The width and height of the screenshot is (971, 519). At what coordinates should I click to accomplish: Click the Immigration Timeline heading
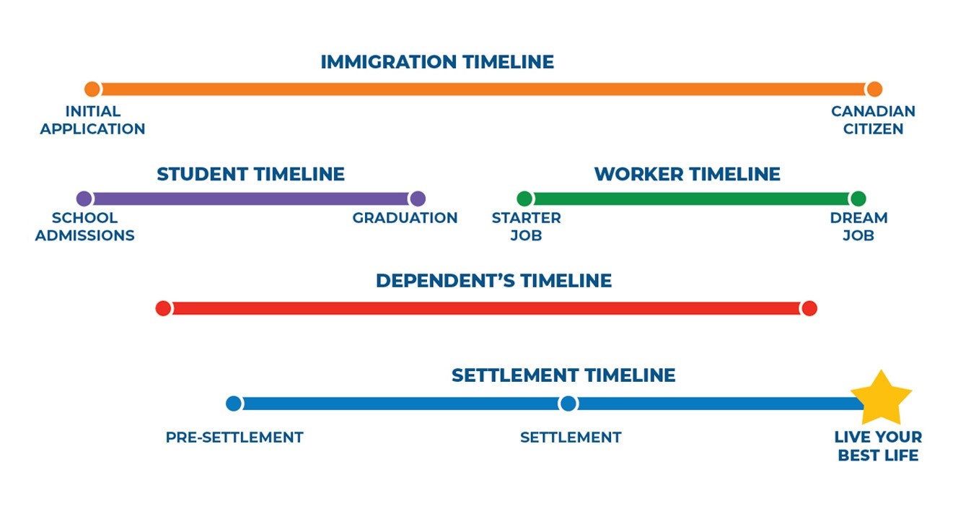pyautogui.click(x=437, y=62)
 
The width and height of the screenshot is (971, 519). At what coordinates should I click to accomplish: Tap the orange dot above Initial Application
pyautogui.click(x=92, y=90)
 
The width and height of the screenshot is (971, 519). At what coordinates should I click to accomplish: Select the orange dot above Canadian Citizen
pyautogui.click(x=874, y=90)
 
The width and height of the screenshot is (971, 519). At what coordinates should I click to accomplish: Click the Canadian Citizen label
pyautogui.click(x=873, y=121)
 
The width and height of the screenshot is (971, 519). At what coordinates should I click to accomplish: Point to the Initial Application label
pyautogui.click(x=92, y=121)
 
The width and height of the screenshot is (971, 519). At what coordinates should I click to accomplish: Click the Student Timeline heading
pyautogui.click(x=250, y=175)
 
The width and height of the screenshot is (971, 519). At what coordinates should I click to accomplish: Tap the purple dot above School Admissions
pyautogui.click(x=84, y=199)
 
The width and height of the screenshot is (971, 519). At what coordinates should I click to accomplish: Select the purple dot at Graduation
pyautogui.click(x=417, y=199)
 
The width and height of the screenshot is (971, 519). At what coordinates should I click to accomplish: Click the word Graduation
pyautogui.click(x=405, y=218)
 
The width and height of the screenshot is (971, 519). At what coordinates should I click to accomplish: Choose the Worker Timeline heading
pyautogui.click(x=687, y=175)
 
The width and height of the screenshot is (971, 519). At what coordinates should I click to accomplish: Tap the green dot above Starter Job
pyautogui.click(x=524, y=199)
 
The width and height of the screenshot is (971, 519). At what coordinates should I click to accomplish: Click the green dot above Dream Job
pyautogui.click(x=858, y=199)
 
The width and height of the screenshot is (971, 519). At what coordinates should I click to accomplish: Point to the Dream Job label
pyautogui.click(x=858, y=227)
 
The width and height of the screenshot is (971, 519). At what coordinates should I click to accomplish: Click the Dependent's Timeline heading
pyautogui.click(x=493, y=281)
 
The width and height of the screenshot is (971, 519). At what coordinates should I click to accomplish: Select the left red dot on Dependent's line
pyautogui.click(x=164, y=308)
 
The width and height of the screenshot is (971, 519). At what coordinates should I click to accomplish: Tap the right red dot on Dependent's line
pyautogui.click(x=809, y=308)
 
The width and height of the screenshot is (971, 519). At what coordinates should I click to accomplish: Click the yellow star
pyautogui.click(x=881, y=398)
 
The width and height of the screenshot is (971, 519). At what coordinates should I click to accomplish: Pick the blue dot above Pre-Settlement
pyautogui.click(x=234, y=404)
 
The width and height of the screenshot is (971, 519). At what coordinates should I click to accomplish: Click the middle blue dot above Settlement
pyautogui.click(x=568, y=404)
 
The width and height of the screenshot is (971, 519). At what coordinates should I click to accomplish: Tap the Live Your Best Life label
pyautogui.click(x=878, y=446)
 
